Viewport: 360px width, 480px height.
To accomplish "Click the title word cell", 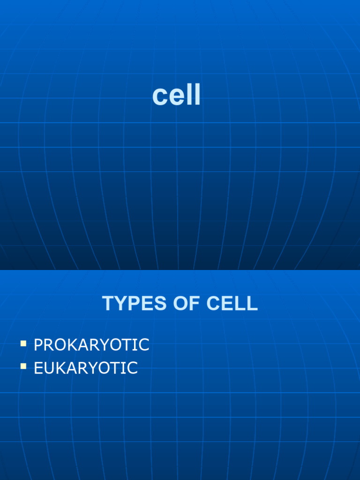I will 176,96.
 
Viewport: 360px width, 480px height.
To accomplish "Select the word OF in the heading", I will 180,304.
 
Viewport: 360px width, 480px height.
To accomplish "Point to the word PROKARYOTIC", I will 91,345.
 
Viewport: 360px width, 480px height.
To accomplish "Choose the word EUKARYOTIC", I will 86,368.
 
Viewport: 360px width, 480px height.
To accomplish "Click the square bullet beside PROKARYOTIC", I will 23,344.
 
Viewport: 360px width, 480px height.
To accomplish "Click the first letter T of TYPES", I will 108,304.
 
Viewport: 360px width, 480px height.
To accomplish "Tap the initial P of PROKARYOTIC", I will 39,345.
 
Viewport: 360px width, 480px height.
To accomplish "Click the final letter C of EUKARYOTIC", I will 132,368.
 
